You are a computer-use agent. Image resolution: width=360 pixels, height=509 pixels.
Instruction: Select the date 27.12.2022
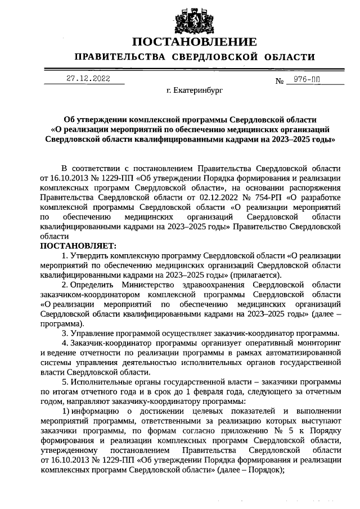point(88,79)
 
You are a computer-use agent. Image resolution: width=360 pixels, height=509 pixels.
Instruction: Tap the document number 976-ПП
point(303,80)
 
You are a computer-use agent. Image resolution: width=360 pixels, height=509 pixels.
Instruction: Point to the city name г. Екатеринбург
point(191,91)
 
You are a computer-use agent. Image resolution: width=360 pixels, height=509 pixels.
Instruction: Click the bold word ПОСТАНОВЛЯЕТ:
point(78,246)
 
